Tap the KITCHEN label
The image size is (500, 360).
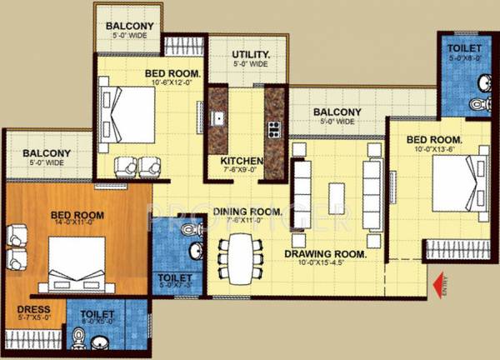point(242,161)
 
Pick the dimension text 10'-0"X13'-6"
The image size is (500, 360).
point(433,150)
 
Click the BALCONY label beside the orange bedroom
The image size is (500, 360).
point(47,153)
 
